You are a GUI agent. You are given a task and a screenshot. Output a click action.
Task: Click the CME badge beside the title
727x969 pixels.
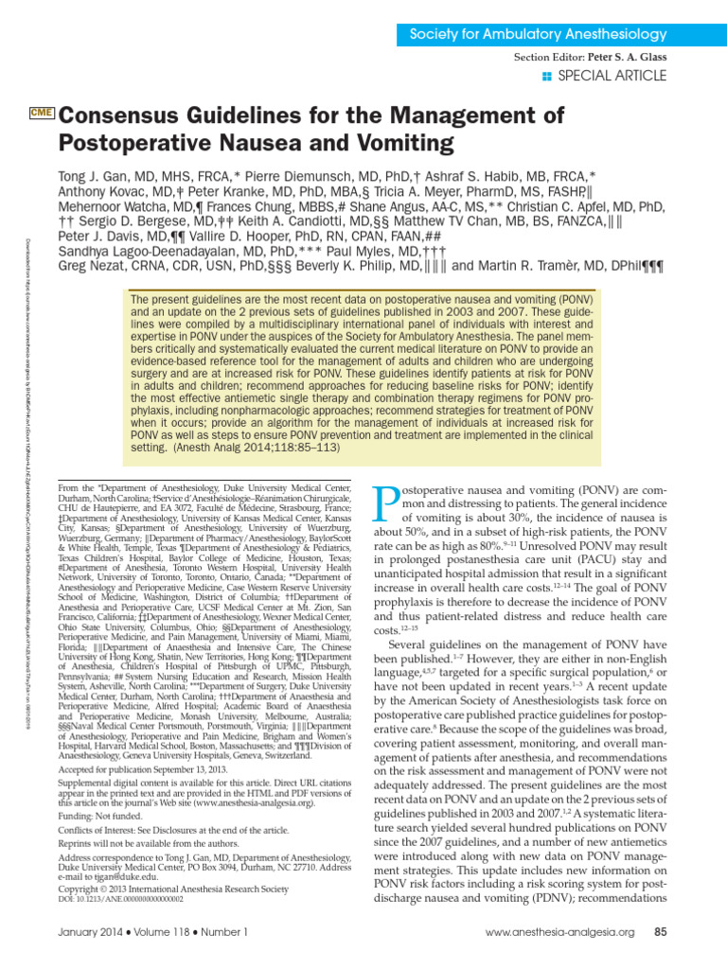tap(42, 114)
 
